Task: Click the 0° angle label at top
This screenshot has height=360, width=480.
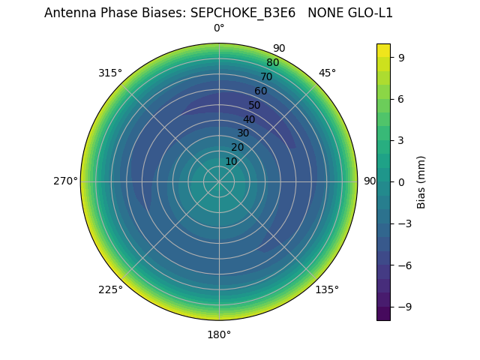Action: click(x=219, y=28)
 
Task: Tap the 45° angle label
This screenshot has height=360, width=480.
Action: click(x=327, y=73)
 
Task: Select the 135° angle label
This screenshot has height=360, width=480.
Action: click(x=327, y=289)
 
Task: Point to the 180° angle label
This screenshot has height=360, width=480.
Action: click(x=219, y=334)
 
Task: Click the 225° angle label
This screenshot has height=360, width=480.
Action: click(x=110, y=289)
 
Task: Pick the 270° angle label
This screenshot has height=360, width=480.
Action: click(x=65, y=181)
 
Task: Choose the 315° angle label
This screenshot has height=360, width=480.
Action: click(x=110, y=73)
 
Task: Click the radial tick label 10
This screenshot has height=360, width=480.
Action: click(x=231, y=161)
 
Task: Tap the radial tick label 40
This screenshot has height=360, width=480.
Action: click(x=249, y=119)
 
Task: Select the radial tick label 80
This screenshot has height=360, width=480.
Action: click(x=272, y=63)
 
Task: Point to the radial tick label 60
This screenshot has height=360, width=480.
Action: click(x=260, y=91)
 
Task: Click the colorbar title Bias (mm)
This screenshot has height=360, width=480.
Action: click(x=421, y=182)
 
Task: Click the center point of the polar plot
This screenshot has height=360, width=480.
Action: click(x=219, y=181)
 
